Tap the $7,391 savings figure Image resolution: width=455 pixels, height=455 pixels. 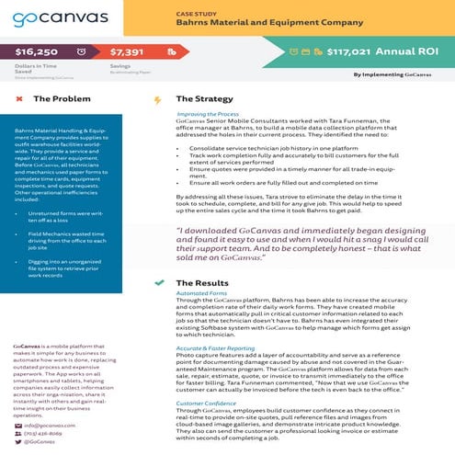(131, 54)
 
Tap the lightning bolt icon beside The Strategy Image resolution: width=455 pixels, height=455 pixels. (158, 99)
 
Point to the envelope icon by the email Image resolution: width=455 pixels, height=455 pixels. (17, 426)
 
